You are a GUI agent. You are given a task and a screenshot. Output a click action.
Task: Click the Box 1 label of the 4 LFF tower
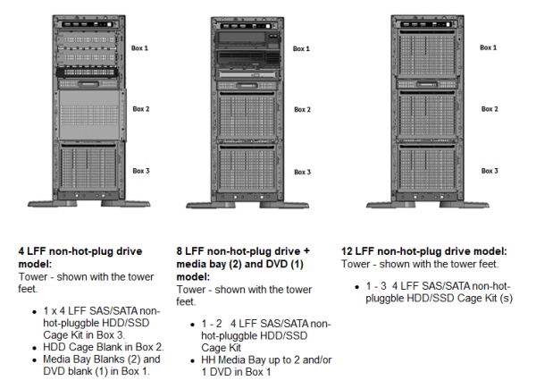140,47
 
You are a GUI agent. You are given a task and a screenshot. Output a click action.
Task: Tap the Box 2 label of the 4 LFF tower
140,109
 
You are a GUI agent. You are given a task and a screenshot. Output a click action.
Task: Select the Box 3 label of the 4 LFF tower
140,170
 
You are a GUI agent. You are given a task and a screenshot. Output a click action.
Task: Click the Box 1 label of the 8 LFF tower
302,47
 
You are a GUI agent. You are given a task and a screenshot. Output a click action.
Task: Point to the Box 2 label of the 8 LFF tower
302,109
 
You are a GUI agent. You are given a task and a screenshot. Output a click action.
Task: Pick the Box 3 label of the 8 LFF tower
302,172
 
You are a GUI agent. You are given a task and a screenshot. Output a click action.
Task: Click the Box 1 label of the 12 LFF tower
489,47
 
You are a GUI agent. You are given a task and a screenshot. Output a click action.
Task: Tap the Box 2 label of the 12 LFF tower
489,109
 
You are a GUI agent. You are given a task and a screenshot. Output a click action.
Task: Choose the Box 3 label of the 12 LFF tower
489,170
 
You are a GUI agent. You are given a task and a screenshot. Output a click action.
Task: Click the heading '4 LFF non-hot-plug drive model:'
71,258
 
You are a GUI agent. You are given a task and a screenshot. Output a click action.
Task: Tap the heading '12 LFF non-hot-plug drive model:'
423,252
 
